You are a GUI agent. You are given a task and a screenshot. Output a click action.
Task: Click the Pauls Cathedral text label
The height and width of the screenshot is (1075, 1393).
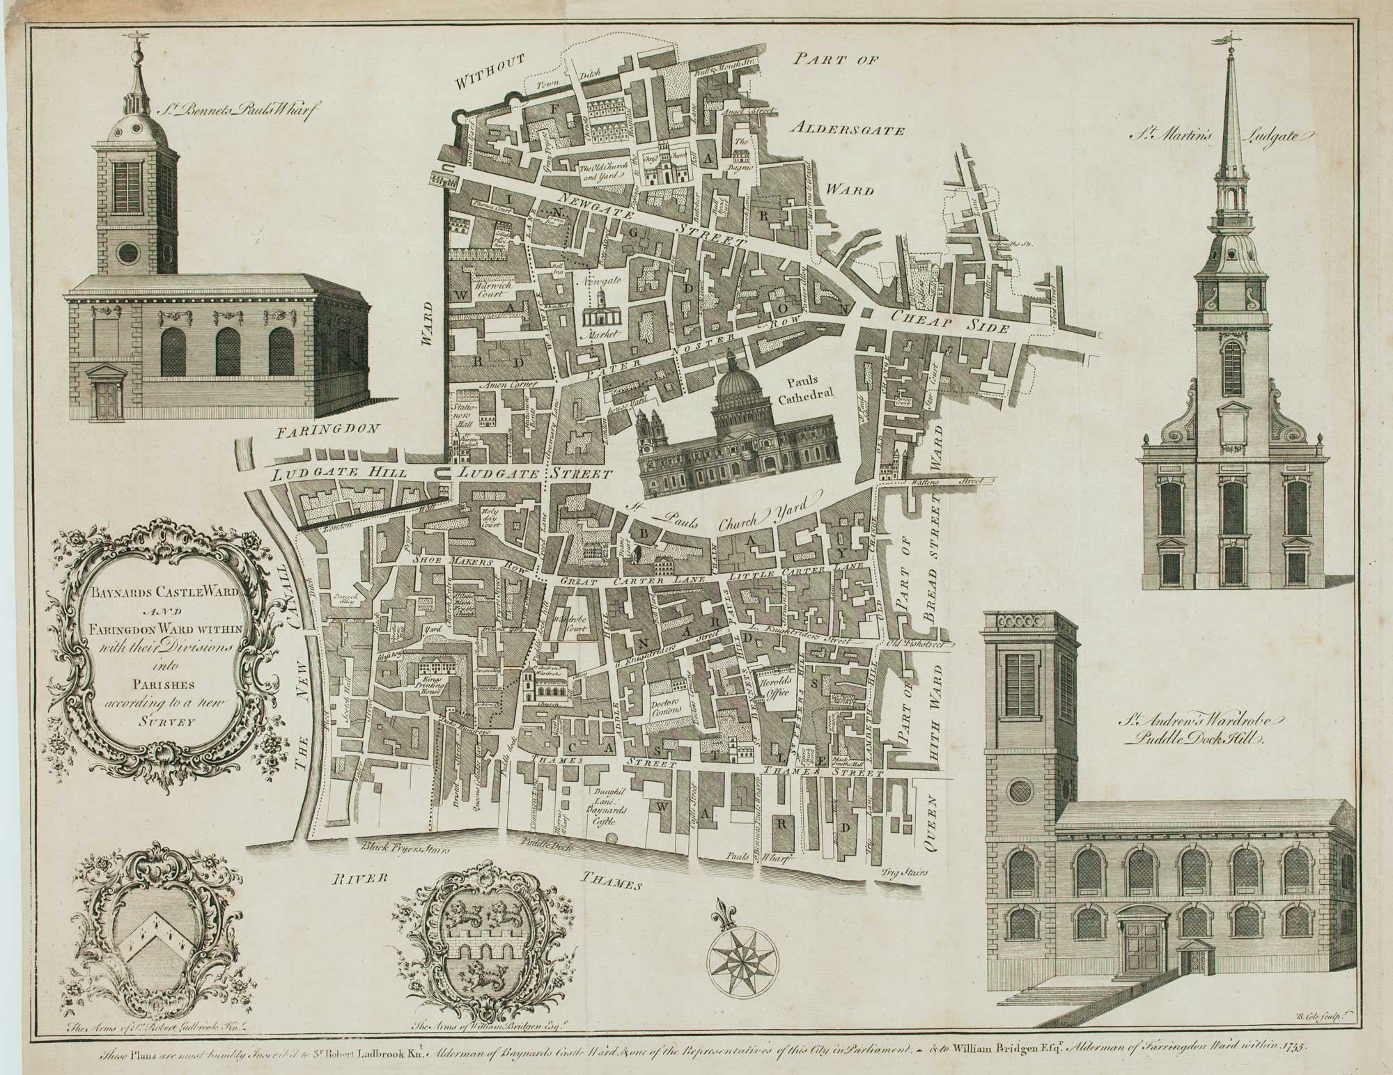[814, 391]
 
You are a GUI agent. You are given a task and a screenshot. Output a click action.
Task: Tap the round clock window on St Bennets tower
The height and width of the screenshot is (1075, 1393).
[129, 253]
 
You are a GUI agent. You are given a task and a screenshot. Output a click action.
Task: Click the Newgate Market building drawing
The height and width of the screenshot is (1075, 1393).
[600, 312]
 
